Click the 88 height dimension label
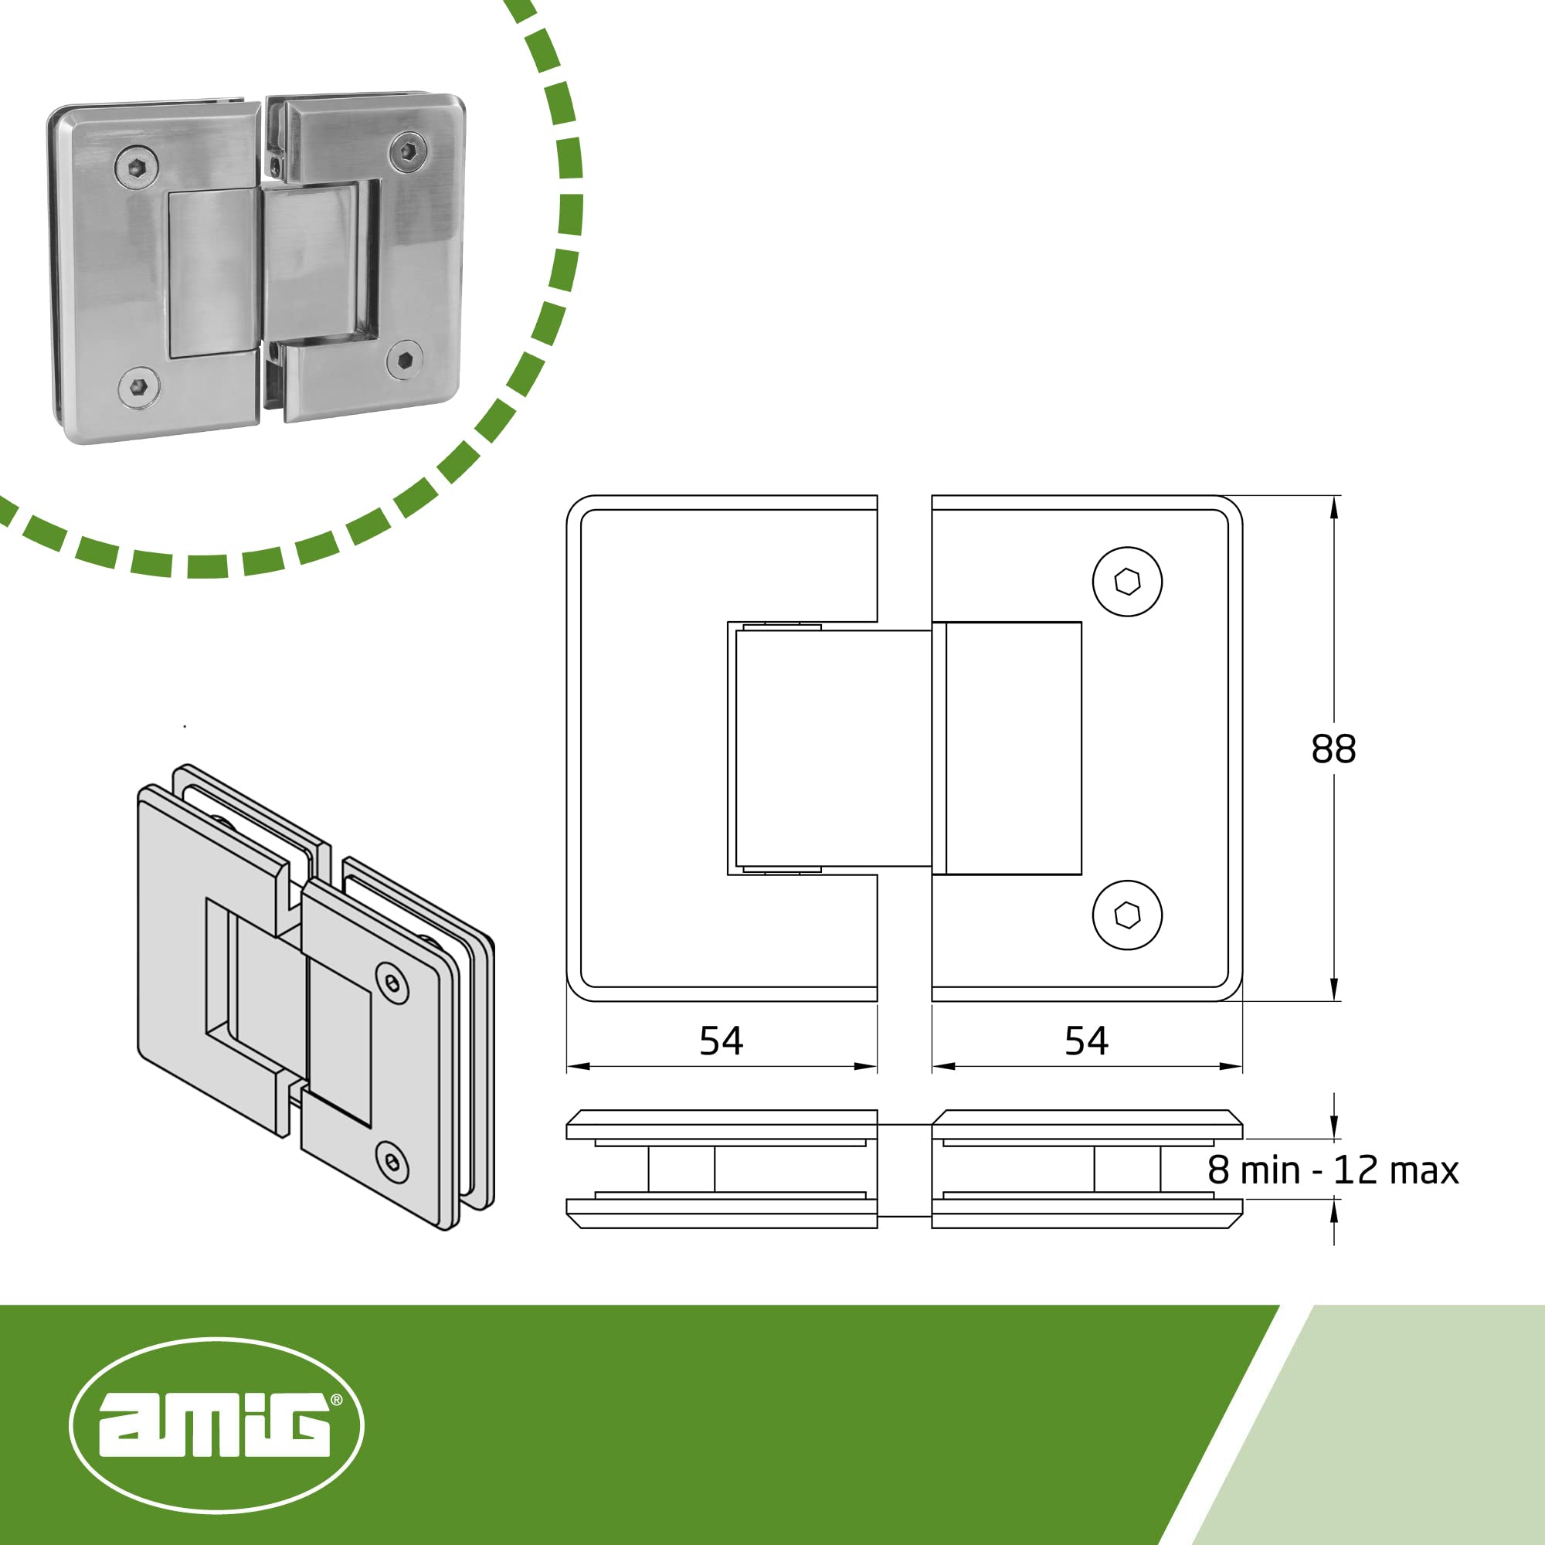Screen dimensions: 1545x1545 (x=1333, y=749)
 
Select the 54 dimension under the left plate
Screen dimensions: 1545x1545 (x=722, y=1041)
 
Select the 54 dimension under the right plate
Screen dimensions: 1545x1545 (x=1086, y=1041)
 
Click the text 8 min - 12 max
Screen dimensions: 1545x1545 (x=1333, y=1171)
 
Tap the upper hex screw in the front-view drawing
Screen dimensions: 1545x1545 (x=1128, y=582)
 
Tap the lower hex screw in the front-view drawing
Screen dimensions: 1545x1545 (x=1128, y=915)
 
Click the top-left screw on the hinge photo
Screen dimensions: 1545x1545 (x=136, y=167)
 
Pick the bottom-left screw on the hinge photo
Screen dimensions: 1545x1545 (x=138, y=388)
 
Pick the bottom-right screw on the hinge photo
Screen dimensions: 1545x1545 (x=405, y=360)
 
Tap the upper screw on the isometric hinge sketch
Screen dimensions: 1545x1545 (x=392, y=983)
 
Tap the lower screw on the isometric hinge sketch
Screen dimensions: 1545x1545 (x=392, y=1162)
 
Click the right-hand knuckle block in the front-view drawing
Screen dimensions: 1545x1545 (x=1014, y=749)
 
